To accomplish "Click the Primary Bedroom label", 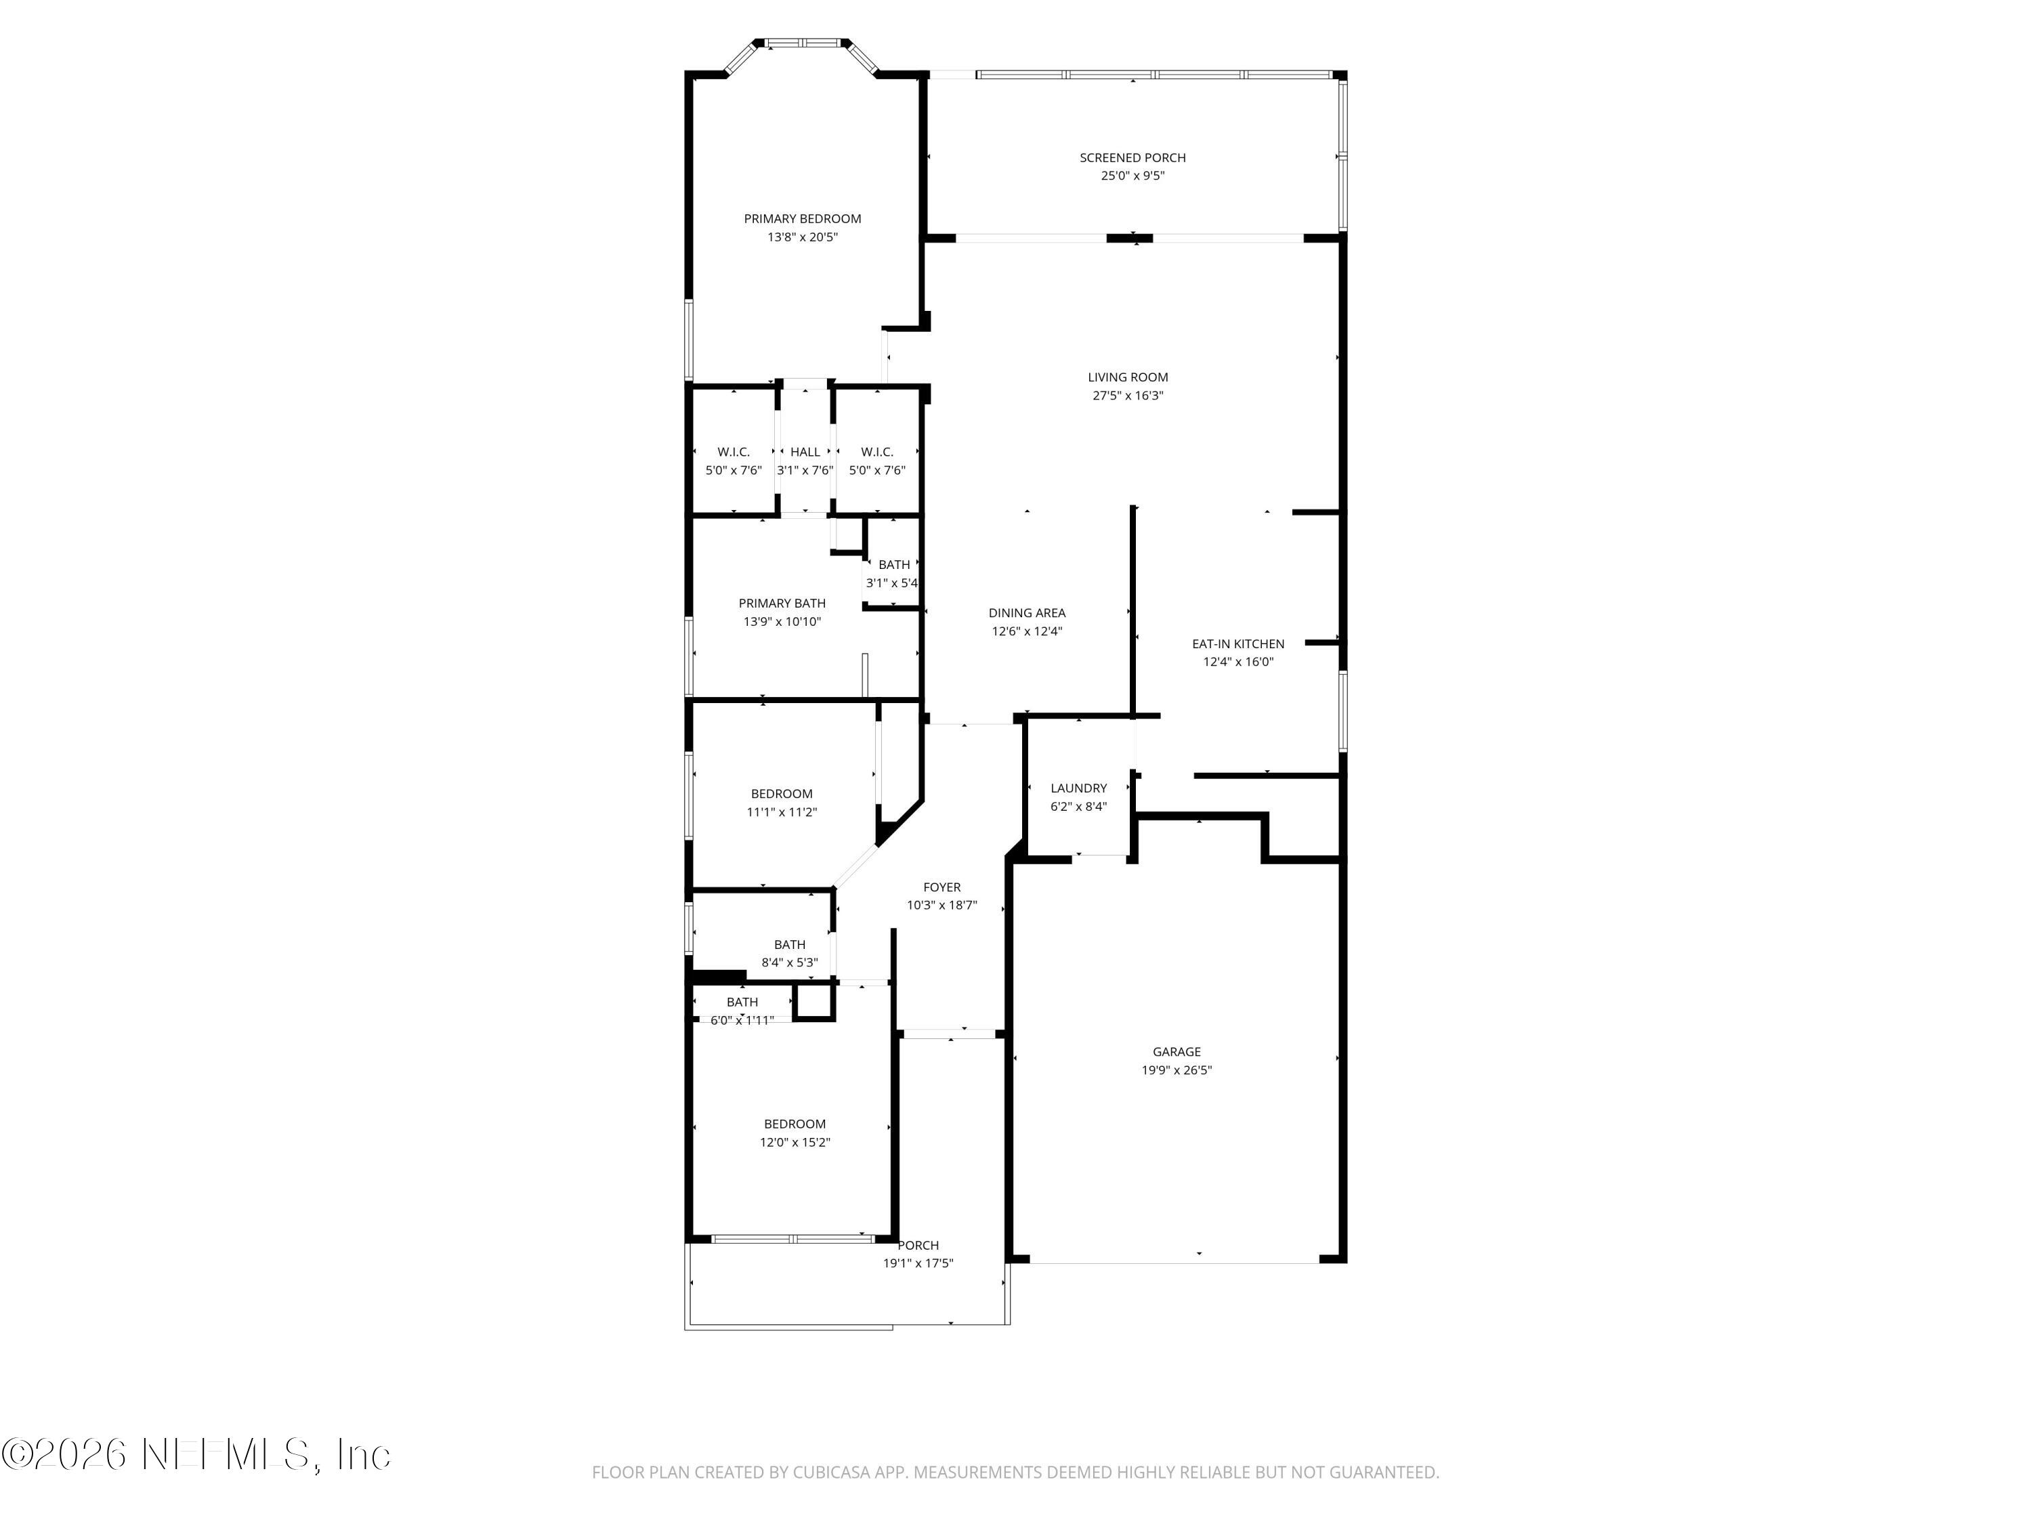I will click(x=802, y=219).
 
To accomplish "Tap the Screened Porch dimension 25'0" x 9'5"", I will click(x=1133, y=175).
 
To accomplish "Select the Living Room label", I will click(x=1127, y=377).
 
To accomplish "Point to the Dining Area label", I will click(x=1026, y=613).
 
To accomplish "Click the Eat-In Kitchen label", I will click(x=1237, y=644).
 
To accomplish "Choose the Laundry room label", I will click(x=1078, y=788).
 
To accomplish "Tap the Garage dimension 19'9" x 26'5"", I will click(x=1176, y=1070).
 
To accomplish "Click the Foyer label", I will click(x=941, y=887).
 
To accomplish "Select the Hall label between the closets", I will click(x=805, y=452).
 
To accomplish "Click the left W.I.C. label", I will click(x=733, y=452).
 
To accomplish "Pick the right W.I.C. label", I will click(x=876, y=452).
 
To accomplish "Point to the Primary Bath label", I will click(x=782, y=604).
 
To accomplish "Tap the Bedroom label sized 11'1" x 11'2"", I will click(x=782, y=794).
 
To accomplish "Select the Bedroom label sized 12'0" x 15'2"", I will click(x=795, y=1124).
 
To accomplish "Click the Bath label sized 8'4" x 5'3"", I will click(x=789, y=944).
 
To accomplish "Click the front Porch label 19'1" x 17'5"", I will click(x=918, y=1246).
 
